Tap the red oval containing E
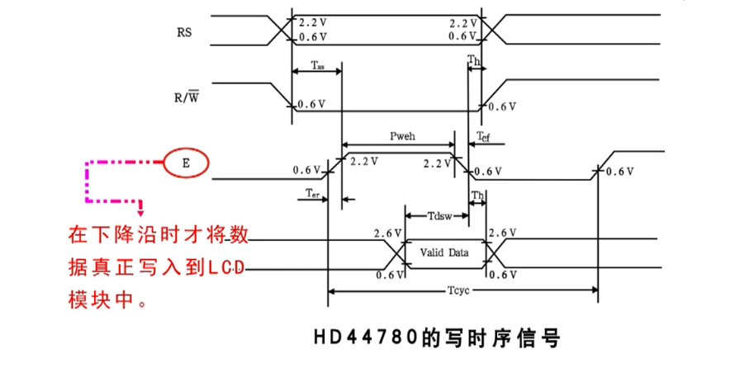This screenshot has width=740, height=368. [x=186, y=163]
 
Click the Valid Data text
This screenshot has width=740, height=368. [x=444, y=252]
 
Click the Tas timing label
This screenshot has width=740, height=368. [x=318, y=65]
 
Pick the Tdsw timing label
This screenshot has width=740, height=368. [x=439, y=216]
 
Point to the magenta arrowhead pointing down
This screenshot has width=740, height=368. [x=141, y=210]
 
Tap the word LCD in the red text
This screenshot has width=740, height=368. [x=226, y=267]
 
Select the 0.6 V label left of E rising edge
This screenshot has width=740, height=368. [x=306, y=171]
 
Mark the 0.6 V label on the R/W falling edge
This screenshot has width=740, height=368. [x=311, y=104]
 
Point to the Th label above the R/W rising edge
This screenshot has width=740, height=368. [x=474, y=60]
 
